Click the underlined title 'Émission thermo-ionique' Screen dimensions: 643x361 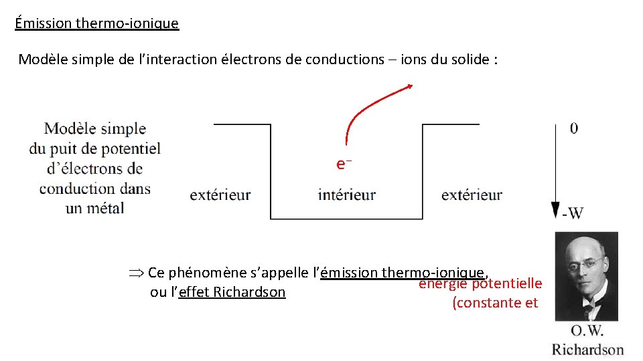point(96,23)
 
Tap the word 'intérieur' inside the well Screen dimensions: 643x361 point(346,195)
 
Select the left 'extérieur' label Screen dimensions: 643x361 point(220,195)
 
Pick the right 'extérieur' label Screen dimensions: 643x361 point(472,195)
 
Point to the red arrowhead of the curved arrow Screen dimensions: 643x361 point(411,86)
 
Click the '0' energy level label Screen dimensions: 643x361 point(574,128)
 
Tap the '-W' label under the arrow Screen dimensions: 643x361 point(573,213)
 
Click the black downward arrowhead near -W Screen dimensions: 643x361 point(555,210)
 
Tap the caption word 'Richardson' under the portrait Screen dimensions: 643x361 point(587,349)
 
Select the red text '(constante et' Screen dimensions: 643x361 point(495,303)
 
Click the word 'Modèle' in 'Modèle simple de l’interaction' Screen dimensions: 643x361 point(42,59)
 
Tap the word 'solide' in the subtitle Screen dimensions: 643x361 point(470,59)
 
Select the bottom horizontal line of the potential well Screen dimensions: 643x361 point(346,219)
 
